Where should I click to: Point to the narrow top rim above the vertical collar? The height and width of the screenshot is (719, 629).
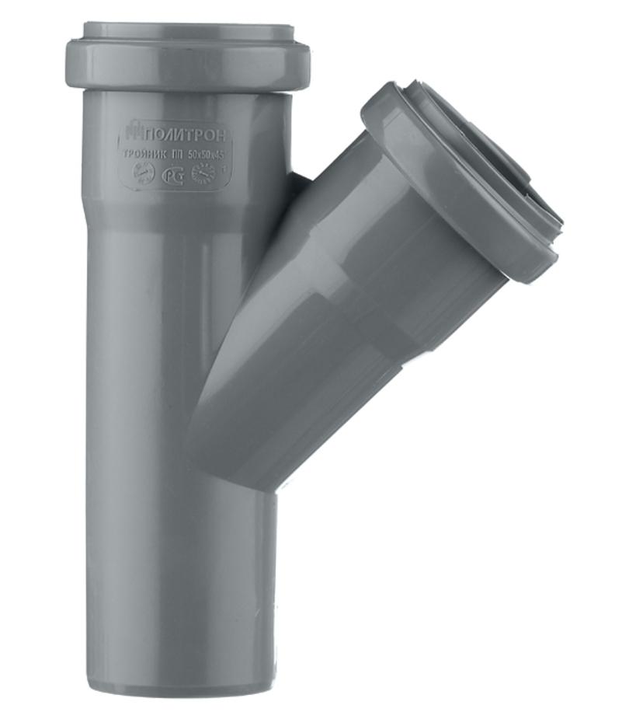[x=186, y=33]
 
